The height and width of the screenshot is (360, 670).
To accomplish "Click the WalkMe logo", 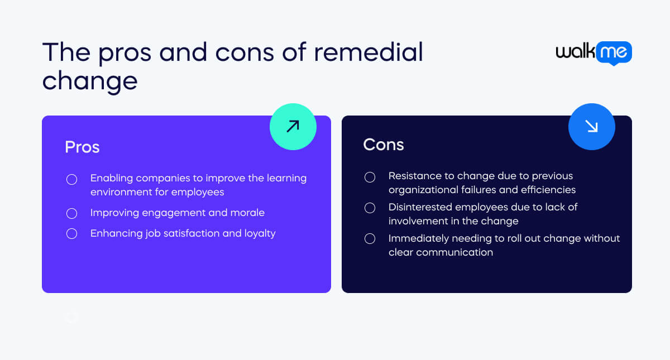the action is coord(594,53).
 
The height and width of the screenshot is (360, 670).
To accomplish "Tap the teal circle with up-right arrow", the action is coord(293,127).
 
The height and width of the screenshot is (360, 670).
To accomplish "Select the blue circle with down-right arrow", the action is coord(592,127).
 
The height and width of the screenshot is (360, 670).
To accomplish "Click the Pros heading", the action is coord(82,147).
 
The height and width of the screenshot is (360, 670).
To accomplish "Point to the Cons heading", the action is coord(384,145).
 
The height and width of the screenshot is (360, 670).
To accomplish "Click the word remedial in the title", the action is coord(368,52).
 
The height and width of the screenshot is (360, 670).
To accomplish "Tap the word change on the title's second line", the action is coord(90,81).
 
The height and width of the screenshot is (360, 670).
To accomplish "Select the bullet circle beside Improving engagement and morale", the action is coord(72,213).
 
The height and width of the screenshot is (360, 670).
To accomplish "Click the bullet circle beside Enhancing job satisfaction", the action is coord(72,233).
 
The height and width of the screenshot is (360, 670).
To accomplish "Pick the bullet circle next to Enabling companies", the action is coord(72,179).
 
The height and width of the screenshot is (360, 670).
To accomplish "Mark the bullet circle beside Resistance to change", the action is coord(370,177).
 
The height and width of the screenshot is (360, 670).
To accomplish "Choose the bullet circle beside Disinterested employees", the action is coord(370,208).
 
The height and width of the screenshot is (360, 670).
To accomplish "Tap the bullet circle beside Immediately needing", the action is coord(370,239).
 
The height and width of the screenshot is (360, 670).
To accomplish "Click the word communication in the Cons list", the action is coord(454,252).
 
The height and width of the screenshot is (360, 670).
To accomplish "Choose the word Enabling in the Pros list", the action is coord(112,179).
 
